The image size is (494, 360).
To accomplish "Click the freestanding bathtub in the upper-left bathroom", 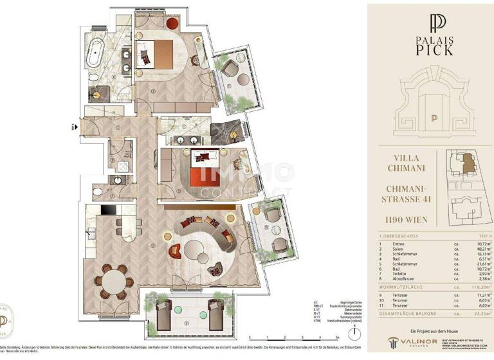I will pos(98,50).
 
